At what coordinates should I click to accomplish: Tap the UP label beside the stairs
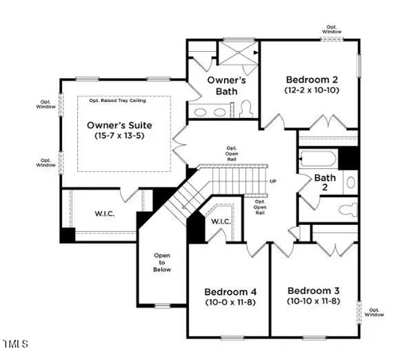pos(273,181)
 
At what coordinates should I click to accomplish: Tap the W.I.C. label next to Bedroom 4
pos(220,222)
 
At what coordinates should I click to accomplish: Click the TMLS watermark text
pos(14,345)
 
